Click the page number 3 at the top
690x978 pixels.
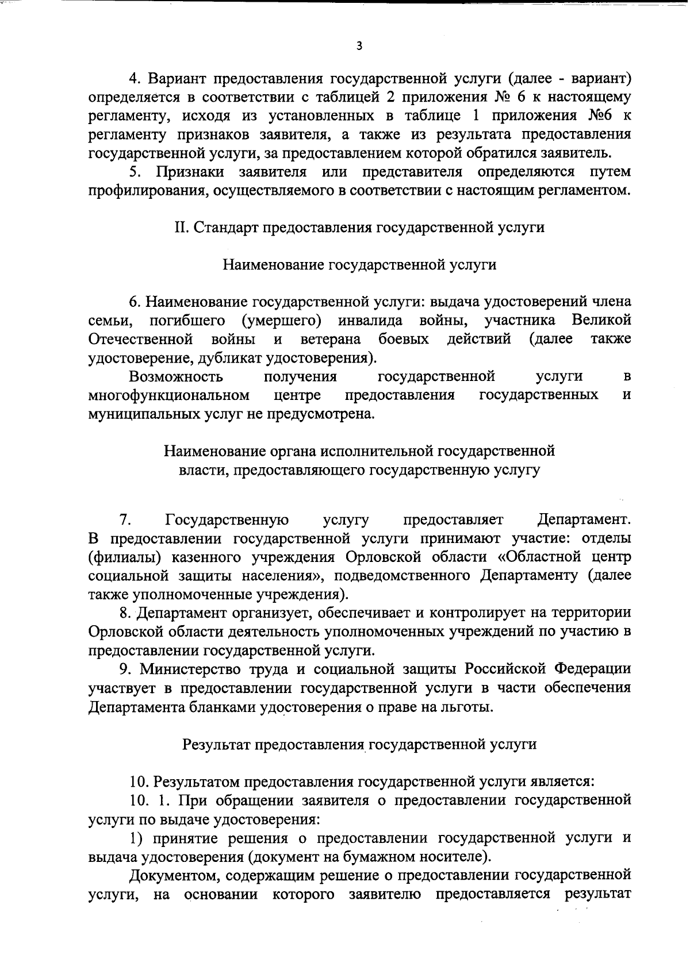click(x=359, y=47)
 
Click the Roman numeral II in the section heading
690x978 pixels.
click(x=182, y=227)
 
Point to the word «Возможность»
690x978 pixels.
click(x=176, y=376)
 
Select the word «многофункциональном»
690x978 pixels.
click(x=169, y=395)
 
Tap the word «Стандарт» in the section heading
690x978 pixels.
click(x=226, y=227)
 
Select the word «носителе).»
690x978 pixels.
click(x=458, y=856)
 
